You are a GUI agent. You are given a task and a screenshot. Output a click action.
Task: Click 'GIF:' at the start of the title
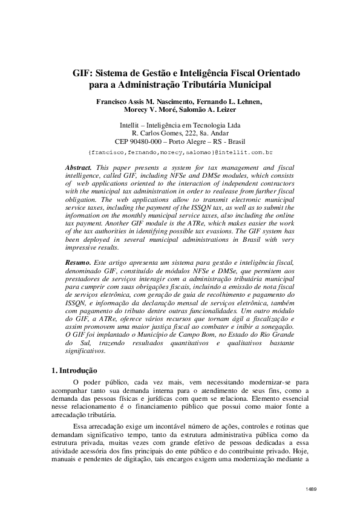[83, 73]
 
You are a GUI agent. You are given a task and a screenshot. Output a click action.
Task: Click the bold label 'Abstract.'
[79, 166]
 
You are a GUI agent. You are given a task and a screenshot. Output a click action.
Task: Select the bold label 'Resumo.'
[79, 264]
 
